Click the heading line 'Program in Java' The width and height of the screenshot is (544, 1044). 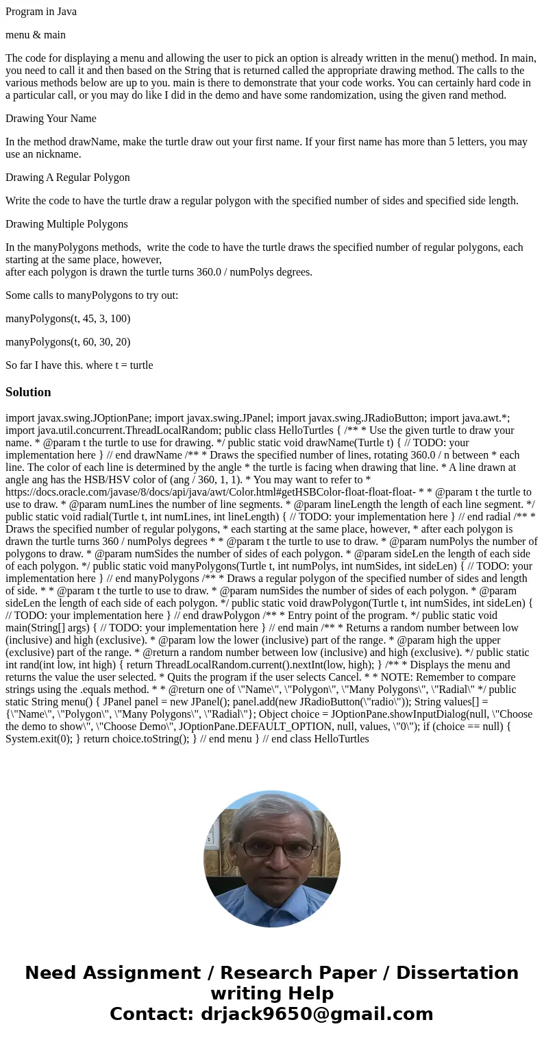(x=41, y=12)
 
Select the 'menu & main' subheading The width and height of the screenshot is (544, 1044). (x=36, y=35)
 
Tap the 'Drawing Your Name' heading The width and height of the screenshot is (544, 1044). (x=51, y=119)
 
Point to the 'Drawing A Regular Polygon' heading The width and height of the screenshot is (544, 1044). (x=67, y=178)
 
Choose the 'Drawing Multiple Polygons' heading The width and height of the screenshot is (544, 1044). (x=66, y=224)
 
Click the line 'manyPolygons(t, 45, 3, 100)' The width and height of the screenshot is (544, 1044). (x=68, y=319)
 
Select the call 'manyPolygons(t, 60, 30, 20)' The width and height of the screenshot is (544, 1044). (x=68, y=342)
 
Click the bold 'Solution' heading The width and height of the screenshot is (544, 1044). (x=28, y=392)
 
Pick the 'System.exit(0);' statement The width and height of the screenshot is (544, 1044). (x=40, y=739)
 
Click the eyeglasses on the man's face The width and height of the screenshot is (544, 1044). (x=273, y=849)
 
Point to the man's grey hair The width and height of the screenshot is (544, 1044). (x=273, y=816)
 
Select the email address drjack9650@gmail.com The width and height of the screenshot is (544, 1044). (x=317, y=1015)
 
